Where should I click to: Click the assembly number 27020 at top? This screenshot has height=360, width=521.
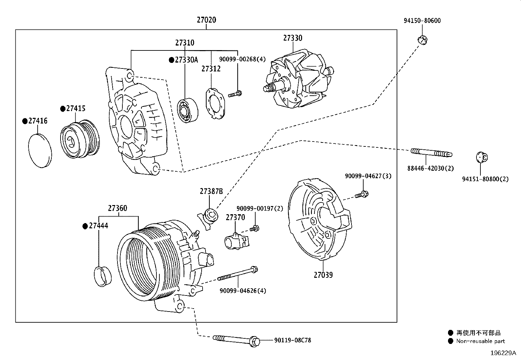pos(206,20)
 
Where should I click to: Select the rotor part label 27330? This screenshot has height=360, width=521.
pos(293,38)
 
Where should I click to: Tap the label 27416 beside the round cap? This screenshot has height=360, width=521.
pos(38,121)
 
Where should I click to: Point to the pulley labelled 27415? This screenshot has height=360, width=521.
pos(80,139)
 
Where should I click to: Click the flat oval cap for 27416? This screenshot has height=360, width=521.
pos(40,151)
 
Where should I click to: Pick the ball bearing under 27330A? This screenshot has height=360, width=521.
pos(188,110)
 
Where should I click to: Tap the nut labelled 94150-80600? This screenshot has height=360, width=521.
pos(422,40)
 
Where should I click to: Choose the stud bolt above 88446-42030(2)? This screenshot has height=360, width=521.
pos(431,153)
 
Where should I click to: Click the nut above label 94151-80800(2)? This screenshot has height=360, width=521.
pos(481,157)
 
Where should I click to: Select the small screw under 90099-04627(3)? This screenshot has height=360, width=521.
pos(362,195)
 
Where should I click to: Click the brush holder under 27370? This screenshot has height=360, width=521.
pos(237,241)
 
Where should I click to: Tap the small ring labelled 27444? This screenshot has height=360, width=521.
pos(102,276)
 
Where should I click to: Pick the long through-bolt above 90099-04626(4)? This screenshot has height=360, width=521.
pos(238,274)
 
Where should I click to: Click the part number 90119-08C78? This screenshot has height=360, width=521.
pos(293,340)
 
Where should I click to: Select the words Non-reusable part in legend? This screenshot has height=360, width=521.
pos(480,341)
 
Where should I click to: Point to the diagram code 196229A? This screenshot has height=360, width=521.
pos(503,353)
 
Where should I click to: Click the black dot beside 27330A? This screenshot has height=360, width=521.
pos(171,60)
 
